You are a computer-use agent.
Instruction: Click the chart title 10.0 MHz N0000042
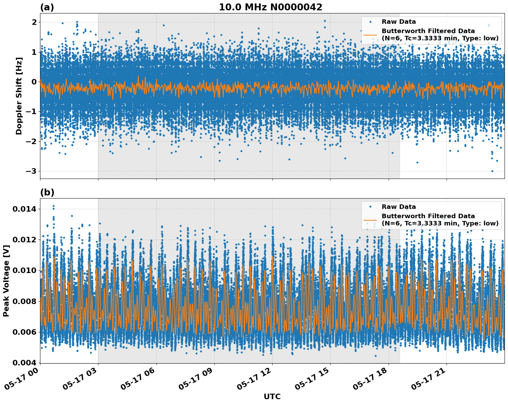pyautogui.click(x=270, y=7)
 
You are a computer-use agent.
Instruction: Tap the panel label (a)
pyautogui.click(x=47, y=7)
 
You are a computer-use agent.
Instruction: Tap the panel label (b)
pyautogui.click(x=47, y=192)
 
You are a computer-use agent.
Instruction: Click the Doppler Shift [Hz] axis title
pyautogui.click(x=19, y=96)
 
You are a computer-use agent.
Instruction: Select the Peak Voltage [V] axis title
pyautogui.click(x=6, y=281)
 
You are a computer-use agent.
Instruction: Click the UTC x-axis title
pyautogui.click(x=272, y=396)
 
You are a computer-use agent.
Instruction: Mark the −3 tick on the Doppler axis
pyautogui.click(x=32, y=171)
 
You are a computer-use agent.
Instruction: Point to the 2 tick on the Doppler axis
pyautogui.click(x=34, y=22)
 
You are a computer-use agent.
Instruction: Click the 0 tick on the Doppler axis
pyautogui.click(x=34, y=82)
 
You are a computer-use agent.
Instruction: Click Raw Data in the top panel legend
pyautogui.click(x=399, y=22)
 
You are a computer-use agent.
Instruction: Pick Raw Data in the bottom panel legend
pyautogui.click(x=399, y=207)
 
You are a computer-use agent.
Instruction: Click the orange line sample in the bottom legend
pyautogui.click(x=370, y=220)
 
